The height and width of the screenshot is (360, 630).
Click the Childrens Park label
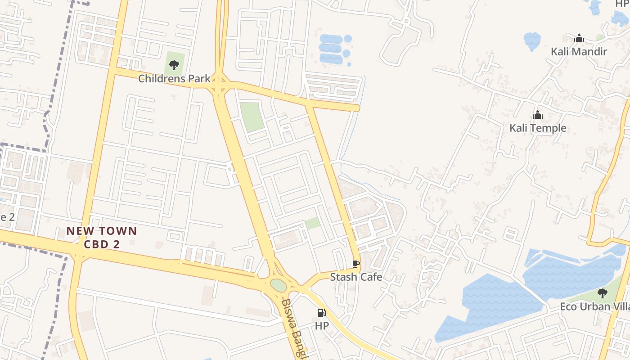pos(174,79)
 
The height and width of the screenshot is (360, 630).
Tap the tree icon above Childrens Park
pos(174,65)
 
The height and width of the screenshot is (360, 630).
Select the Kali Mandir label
pos(579,52)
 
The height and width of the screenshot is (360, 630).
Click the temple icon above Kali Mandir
pos(579,38)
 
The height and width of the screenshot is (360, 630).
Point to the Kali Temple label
pos(538,128)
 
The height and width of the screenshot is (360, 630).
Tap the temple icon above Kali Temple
pos(538,115)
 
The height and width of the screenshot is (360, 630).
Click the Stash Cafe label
pos(356,277)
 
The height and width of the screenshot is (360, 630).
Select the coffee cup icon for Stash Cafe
pos(355,264)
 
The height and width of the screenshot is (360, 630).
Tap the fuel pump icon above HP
pos(321,312)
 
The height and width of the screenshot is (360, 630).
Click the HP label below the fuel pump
pos(322,325)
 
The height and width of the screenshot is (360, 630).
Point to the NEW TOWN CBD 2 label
pos(102,238)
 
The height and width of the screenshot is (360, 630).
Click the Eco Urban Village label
pos(594,307)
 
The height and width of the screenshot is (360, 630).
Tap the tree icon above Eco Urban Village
pos(602,293)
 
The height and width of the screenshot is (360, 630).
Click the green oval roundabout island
pos(278,285)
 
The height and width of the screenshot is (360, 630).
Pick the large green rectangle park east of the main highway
pos(252,117)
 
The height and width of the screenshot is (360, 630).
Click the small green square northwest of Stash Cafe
pos(313,223)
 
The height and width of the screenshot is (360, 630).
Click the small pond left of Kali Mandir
pos(532,40)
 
